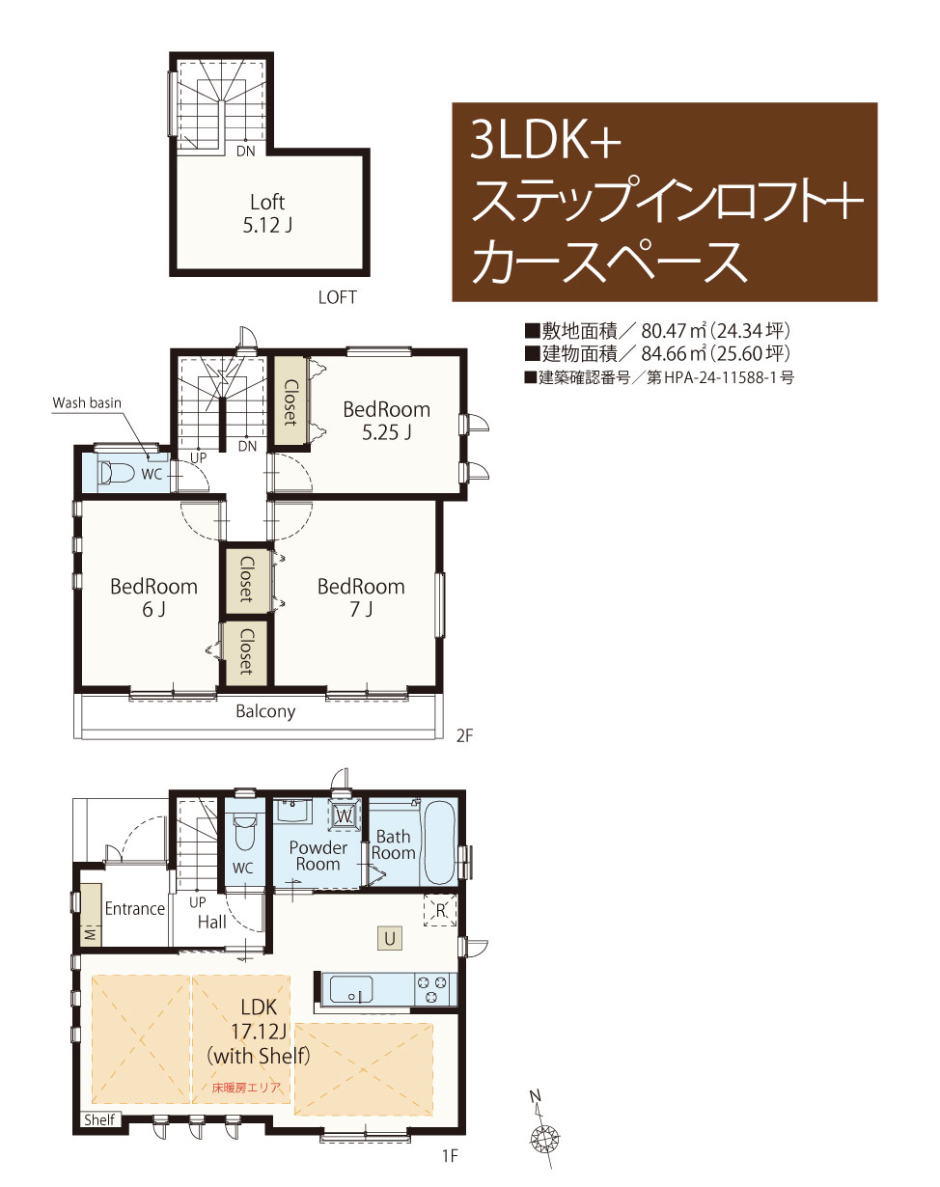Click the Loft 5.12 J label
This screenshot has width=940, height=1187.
(x=267, y=213)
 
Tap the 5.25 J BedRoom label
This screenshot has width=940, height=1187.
(x=386, y=421)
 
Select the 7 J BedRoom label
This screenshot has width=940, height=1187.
(x=361, y=597)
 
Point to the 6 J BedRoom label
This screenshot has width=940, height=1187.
(x=153, y=597)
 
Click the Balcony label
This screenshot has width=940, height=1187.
(x=265, y=711)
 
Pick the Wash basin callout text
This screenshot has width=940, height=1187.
(x=87, y=402)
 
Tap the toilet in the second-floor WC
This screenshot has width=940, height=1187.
(x=117, y=473)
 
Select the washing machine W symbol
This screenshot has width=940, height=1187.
(x=344, y=815)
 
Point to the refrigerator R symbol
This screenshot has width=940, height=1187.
(x=440, y=911)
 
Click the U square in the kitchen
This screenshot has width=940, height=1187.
(x=390, y=938)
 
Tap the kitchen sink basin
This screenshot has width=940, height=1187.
(x=351, y=989)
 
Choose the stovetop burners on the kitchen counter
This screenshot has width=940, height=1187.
(x=432, y=989)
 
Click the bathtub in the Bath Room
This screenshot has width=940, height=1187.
(x=440, y=842)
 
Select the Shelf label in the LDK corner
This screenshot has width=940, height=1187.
(x=99, y=1119)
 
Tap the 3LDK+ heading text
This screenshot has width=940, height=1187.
(x=545, y=141)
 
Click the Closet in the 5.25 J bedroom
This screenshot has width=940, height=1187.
(x=290, y=401)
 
